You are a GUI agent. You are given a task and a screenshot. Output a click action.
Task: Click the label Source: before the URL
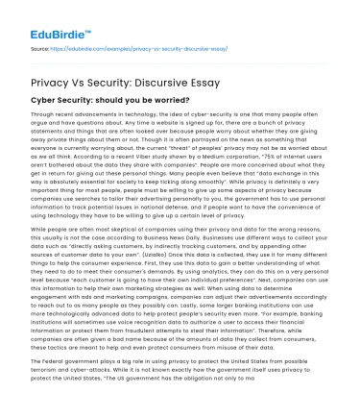[x=40, y=47]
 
